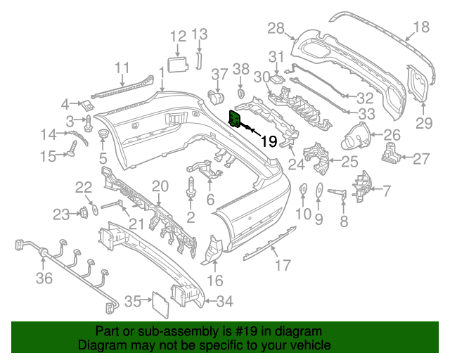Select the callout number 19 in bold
(x=269, y=141)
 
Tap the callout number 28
(x=276, y=28)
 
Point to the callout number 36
(x=44, y=280)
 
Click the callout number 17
(x=282, y=266)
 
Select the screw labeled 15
(x=72, y=147)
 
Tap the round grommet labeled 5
(x=102, y=134)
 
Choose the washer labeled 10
(x=303, y=188)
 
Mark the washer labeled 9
(x=318, y=188)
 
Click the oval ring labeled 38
(x=240, y=92)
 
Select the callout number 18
(x=420, y=28)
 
